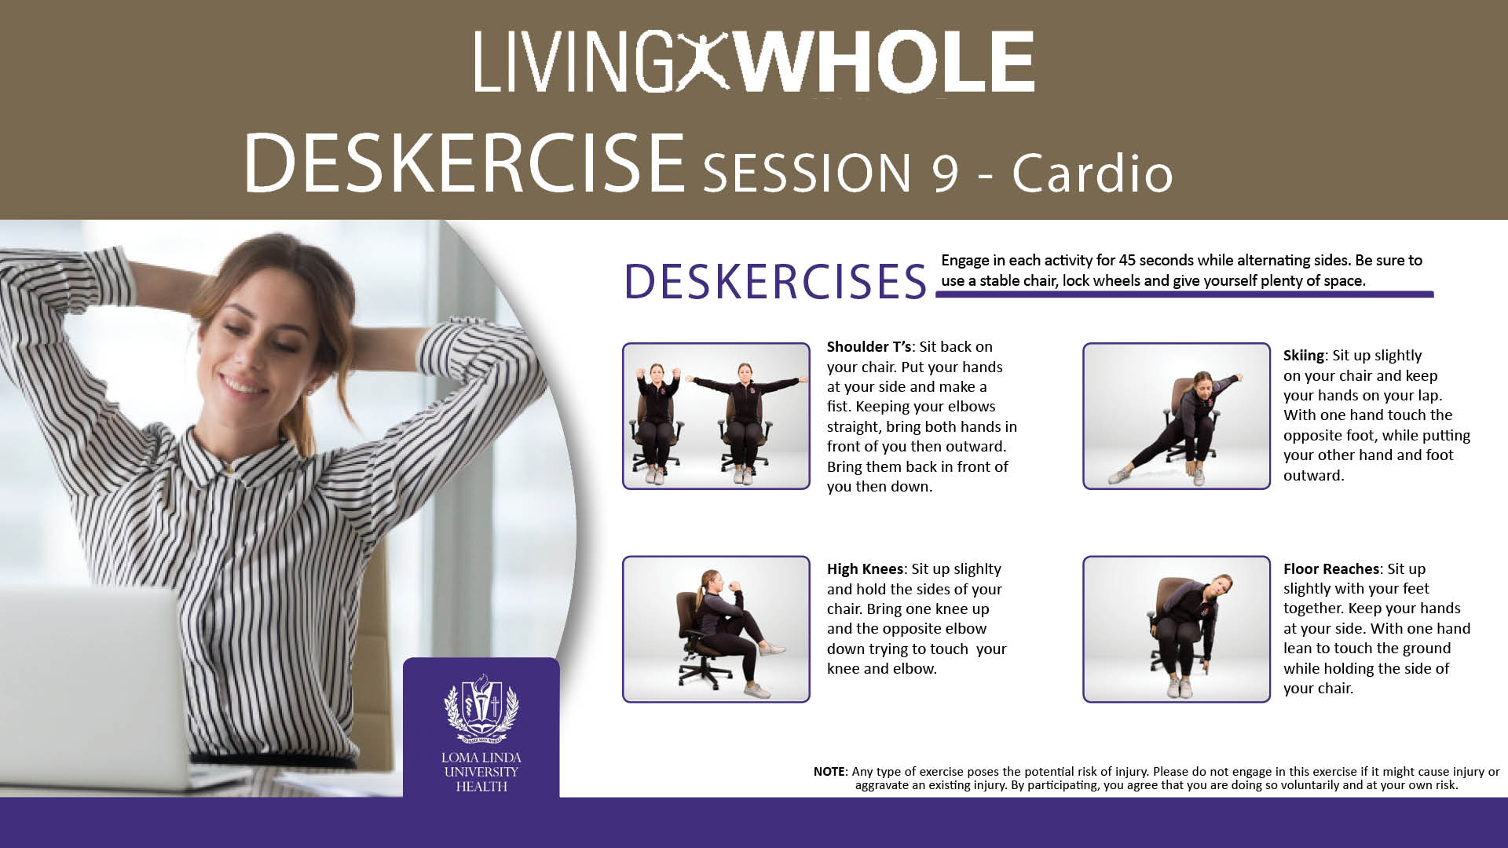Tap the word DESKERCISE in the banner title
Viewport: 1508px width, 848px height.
coord(464,163)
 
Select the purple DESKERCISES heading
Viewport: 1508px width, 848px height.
coord(775,282)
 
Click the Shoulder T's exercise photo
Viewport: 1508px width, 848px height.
coord(716,416)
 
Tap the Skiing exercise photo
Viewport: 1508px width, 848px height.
coord(1176,416)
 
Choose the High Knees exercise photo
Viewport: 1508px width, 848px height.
coord(716,629)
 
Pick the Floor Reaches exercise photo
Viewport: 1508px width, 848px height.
coord(1176,629)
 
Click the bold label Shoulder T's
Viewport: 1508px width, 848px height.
coord(869,347)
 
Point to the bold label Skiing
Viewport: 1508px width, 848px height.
coord(1304,356)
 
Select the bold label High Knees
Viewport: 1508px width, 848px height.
coord(865,569)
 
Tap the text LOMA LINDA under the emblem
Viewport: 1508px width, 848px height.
coord(481,758)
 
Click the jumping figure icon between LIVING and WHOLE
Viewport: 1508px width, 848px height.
coord(705,62)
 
